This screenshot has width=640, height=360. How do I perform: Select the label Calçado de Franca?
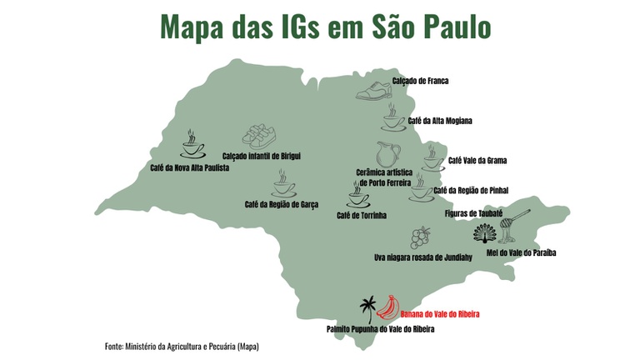pos(421,81)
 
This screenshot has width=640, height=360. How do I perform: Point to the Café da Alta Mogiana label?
pos(440,121)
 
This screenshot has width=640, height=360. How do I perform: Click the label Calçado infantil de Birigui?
pos(261,156)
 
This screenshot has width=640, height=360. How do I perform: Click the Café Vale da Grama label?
pos(477,160)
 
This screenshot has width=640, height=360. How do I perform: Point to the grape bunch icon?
pos(422,237)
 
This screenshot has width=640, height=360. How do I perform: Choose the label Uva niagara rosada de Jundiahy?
pos(423,257)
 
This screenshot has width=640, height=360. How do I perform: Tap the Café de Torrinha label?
pos(362,215)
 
